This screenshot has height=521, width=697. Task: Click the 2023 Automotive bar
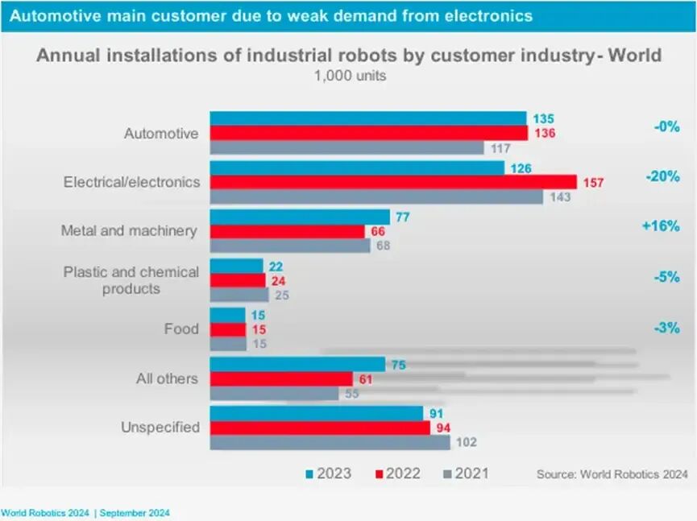coord(367,118)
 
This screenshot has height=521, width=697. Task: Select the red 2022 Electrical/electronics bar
coord(393,182)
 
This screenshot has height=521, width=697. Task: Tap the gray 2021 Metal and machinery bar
coord(290,246)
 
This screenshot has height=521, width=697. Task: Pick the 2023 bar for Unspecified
coord(316,413)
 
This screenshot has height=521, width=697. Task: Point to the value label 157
coord(593,183)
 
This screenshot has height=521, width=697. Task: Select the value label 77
coord(401,217)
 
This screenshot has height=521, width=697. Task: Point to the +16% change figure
coord(661,226)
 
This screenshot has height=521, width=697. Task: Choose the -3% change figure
coord(667,328)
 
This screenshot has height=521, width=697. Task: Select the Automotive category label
coord(161,134)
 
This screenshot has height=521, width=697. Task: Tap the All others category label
coord(167,378)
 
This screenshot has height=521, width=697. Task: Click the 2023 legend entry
coord(329,473)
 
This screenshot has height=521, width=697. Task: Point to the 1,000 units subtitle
coord(349,76)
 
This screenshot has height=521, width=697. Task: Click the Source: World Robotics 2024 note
coord(612,474)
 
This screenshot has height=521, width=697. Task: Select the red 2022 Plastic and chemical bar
coord(238,280)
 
